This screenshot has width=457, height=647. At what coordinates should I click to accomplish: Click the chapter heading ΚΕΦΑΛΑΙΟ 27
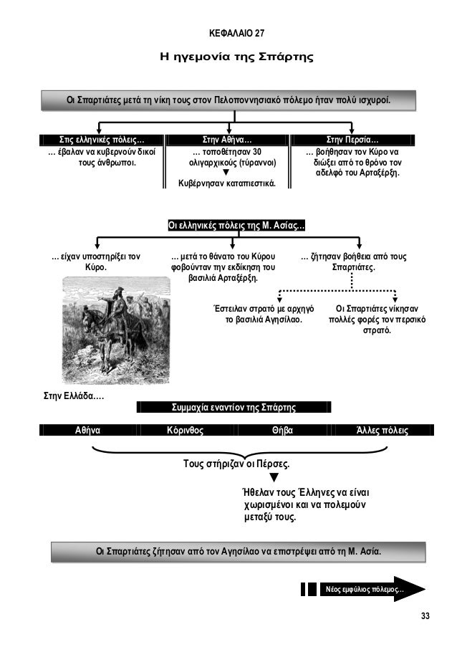[x=236, y=33]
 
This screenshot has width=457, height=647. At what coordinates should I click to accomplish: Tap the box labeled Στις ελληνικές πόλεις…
[x=101, y=139]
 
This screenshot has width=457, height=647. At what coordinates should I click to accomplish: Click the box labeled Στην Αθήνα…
[x=226, y=139]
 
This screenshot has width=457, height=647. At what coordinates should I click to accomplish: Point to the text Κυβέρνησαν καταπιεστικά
[x=226, y=183]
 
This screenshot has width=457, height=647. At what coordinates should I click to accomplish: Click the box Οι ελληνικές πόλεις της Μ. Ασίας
[x=236, y=226]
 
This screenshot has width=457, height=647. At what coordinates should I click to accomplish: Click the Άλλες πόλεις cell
[x=383, y=431]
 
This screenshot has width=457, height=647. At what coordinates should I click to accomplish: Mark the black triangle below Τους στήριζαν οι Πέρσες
[x=274, y=478]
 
